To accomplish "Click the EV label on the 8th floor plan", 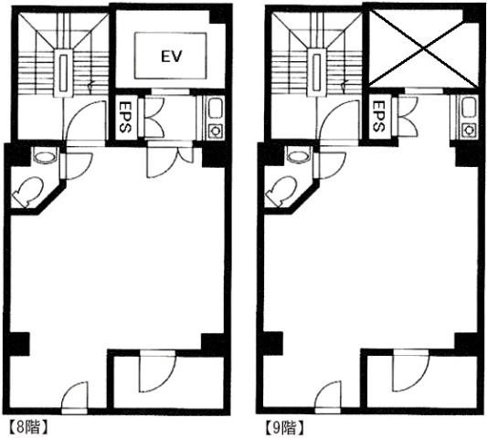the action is (x=171, y=57).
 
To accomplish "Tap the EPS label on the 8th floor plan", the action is (x=124, y=116).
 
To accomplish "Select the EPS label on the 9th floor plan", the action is (x=378, y=116).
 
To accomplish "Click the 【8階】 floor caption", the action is (x=28, y=427).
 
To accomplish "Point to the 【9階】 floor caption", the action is (x=284, y=428).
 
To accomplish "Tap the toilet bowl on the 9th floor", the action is (x=281, y=191).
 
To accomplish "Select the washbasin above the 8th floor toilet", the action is (x=46, y=155).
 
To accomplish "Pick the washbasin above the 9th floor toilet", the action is (x=300, y=155).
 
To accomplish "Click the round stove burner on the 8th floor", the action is (x=215, y=130).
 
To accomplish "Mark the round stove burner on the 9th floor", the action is (x=469, y=130).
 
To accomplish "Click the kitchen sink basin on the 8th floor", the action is (x=215, y=108).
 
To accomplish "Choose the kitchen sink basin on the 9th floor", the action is (x=469, y=108).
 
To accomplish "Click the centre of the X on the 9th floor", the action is (x=424, y=48).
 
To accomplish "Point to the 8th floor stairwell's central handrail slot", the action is (x=63, y=73).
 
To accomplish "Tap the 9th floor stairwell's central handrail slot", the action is (x=317, y=73).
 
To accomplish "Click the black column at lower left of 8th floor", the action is (x=17, y=344).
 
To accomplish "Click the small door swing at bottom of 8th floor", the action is (x=75, y=397).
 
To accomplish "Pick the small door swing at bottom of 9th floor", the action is (x=328, y=397).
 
